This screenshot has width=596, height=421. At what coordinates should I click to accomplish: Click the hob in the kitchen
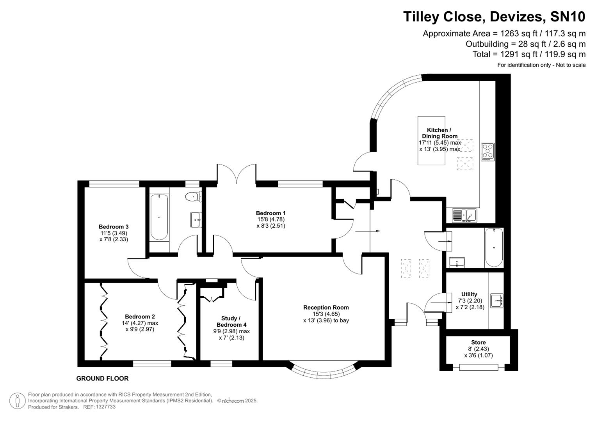[x=487, y=152]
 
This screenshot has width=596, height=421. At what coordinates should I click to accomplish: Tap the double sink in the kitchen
[x=464, y=215]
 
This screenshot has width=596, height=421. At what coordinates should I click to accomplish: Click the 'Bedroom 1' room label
[x=270, y=213]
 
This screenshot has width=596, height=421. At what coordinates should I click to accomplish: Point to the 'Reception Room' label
[x=326, y=308]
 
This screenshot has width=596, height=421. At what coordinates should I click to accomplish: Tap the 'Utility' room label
[x=469, y=294]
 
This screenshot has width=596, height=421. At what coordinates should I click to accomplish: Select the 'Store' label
[x=478, y=343]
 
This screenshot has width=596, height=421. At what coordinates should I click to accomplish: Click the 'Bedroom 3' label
[x=114, y=227]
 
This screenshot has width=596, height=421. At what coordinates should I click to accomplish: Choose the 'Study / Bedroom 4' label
[x=231, y=322]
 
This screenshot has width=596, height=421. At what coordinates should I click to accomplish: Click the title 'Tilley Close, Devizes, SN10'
[x=494, y=17]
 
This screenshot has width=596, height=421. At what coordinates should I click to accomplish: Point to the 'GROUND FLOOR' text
[x=102, y=379]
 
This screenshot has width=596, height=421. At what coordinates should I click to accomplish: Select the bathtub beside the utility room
[x=494, y=248]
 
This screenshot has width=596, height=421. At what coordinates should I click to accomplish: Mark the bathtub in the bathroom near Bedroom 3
[x=159, y=217]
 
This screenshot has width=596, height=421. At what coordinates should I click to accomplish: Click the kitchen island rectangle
[x=431, y=140]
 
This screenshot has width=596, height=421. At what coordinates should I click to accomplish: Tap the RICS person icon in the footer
[x=18, y=401]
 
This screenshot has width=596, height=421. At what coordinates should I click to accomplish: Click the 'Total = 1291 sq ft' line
[x=529, y=54]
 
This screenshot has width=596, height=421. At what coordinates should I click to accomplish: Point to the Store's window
[x=479, y=367]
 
